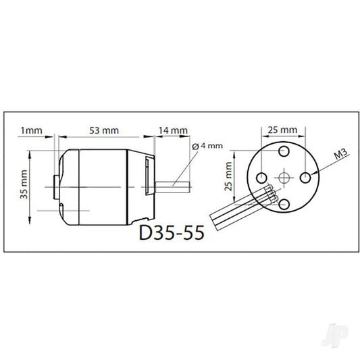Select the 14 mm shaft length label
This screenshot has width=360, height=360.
pos(174,129)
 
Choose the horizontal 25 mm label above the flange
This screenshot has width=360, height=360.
pos(283,129)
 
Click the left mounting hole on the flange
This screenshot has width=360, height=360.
pos(261,177)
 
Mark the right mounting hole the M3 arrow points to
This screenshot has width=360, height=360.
pos(306,177)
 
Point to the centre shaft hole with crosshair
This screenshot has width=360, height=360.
pos(283,177)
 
